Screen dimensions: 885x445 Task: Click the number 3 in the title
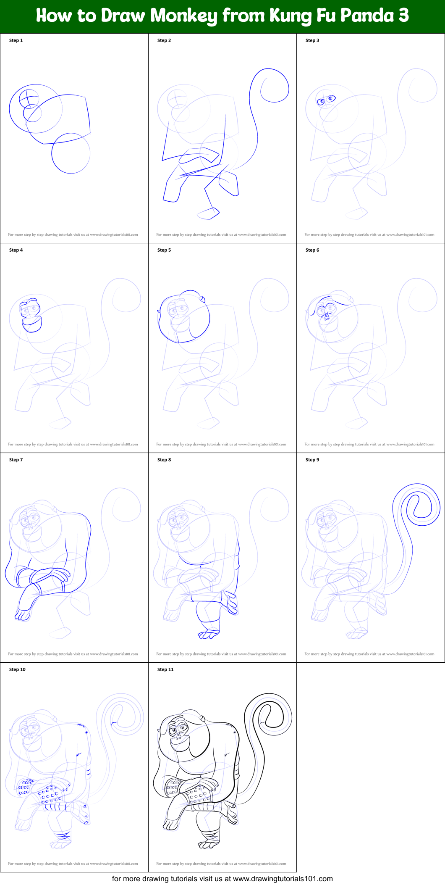click(x=403, y=16)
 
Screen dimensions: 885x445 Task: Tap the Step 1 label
click(x=16, y=40)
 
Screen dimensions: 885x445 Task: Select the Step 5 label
click(x=164, y=250)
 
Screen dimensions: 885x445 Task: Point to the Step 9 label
click(x=312, y=460)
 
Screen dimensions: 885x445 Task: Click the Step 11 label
click(x=165, y=669)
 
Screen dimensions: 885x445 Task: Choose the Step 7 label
click(x=16, y=460)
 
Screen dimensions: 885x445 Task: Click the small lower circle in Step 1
click(x=71, y=153)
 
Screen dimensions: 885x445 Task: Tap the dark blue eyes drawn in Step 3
click(x=326, y=100)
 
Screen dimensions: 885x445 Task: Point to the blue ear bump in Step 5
click(x=202, y=299)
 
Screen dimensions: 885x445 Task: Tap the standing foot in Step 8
click(x=209, y=635)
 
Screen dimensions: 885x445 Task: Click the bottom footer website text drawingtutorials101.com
click(x=283, y=879)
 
